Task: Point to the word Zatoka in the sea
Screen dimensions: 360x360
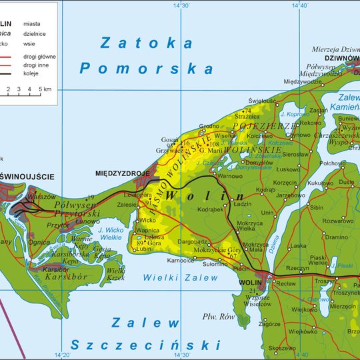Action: click(x=146, y=44)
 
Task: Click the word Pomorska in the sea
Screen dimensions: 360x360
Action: click(x=146, y=68)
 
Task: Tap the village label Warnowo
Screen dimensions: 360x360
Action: click(x=230, y=176)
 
